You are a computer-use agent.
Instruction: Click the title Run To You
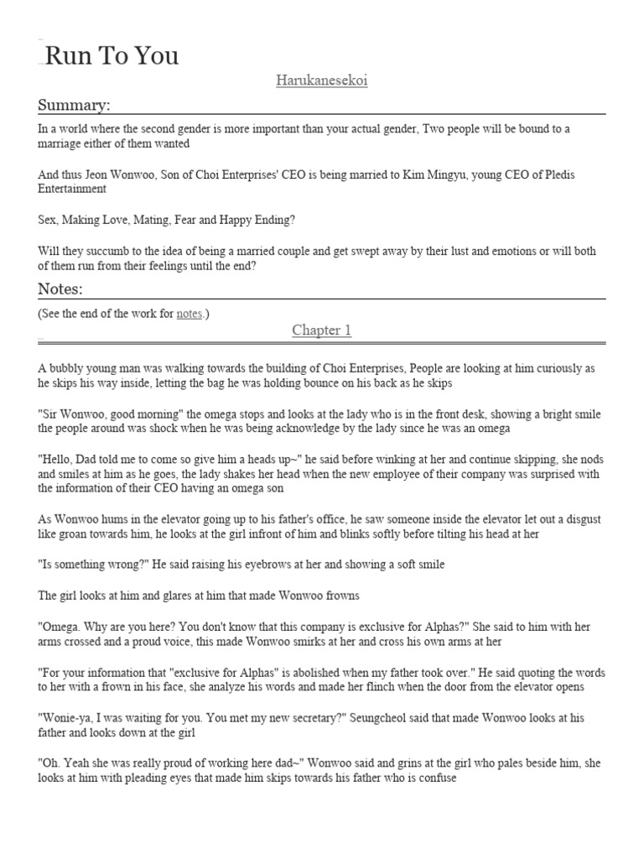[111, 56]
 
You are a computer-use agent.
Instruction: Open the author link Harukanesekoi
[321, 81]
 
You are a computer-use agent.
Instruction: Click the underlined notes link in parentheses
[189, 314]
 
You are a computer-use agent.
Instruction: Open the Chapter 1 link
[321, 331]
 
